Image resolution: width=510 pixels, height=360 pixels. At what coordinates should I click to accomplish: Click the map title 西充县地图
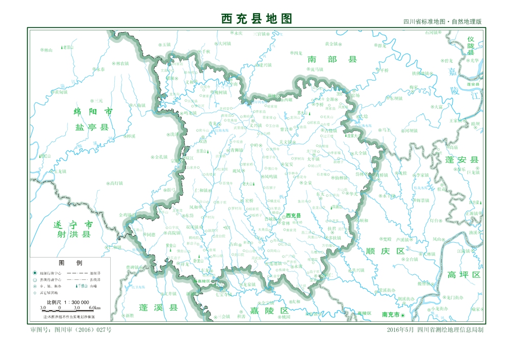257,19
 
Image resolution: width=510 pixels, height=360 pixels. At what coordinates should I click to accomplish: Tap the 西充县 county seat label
293,216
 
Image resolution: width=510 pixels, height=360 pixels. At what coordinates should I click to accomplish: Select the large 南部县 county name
332,60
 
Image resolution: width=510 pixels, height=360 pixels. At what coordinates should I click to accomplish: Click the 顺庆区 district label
385,251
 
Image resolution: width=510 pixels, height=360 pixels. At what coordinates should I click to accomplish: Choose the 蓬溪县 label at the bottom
159,307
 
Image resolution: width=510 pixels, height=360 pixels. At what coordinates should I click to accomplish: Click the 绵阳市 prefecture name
92,112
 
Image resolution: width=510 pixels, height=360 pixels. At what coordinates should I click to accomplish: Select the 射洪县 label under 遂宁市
74,235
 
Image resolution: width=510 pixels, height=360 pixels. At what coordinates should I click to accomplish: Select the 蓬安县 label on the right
462,160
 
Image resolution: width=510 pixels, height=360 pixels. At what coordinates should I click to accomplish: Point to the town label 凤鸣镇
271,176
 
